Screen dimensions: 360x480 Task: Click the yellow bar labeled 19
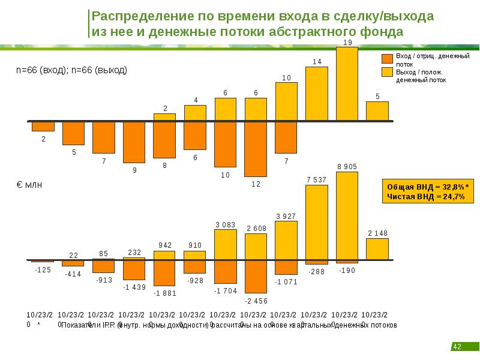[347, 84]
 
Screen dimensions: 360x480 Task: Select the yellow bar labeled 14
[316, 94]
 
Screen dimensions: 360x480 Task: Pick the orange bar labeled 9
[134, 142]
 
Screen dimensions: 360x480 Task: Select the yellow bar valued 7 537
[316, 223]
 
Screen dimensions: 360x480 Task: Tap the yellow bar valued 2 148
[377, 249]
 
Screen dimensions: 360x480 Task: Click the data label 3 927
[286, 216]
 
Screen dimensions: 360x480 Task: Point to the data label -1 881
[164, 293]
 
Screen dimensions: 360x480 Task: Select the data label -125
[42, 269]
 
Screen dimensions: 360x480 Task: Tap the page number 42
[457, 347]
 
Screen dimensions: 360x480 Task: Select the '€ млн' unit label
[29, 186]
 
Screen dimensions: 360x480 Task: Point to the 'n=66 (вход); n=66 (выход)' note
[71, 70]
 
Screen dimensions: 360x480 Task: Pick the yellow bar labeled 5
[377, 111]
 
